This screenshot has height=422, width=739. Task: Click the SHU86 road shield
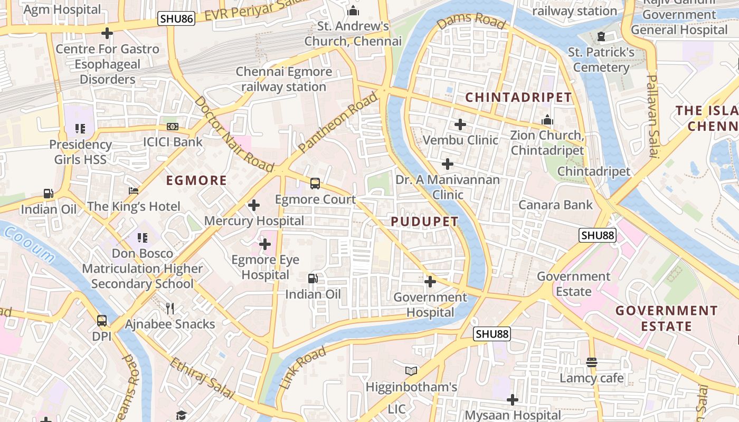176,20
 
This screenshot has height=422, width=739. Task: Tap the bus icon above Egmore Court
315,184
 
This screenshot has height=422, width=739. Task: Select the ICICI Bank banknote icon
173,127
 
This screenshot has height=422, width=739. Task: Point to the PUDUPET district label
424,222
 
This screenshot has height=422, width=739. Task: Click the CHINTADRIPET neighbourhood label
518,97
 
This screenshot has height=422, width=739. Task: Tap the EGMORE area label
196,180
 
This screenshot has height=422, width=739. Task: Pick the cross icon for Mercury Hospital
254,205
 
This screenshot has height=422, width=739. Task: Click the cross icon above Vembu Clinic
460,124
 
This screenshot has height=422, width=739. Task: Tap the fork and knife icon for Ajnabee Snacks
169,308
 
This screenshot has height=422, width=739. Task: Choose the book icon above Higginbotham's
411,371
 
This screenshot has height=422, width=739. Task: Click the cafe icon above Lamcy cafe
592,362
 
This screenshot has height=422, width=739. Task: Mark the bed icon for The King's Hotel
134,190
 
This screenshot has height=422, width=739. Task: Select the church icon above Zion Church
547,120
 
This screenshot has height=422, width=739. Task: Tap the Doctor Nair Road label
234,135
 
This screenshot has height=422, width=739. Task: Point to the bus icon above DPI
101,320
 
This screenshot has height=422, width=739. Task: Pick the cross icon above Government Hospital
430,282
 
